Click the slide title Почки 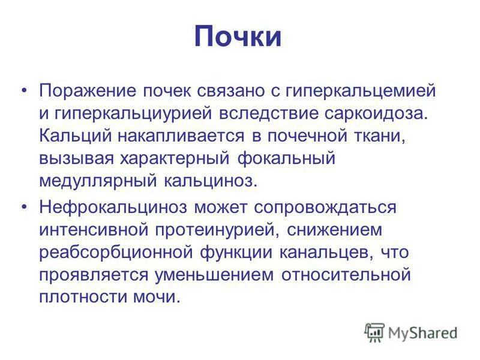pyautogui.click(x=238, y=37)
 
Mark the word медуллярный pyautogui.click(x=95, y=180)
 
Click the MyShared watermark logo pyautogui.click(x=411, y=332)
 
